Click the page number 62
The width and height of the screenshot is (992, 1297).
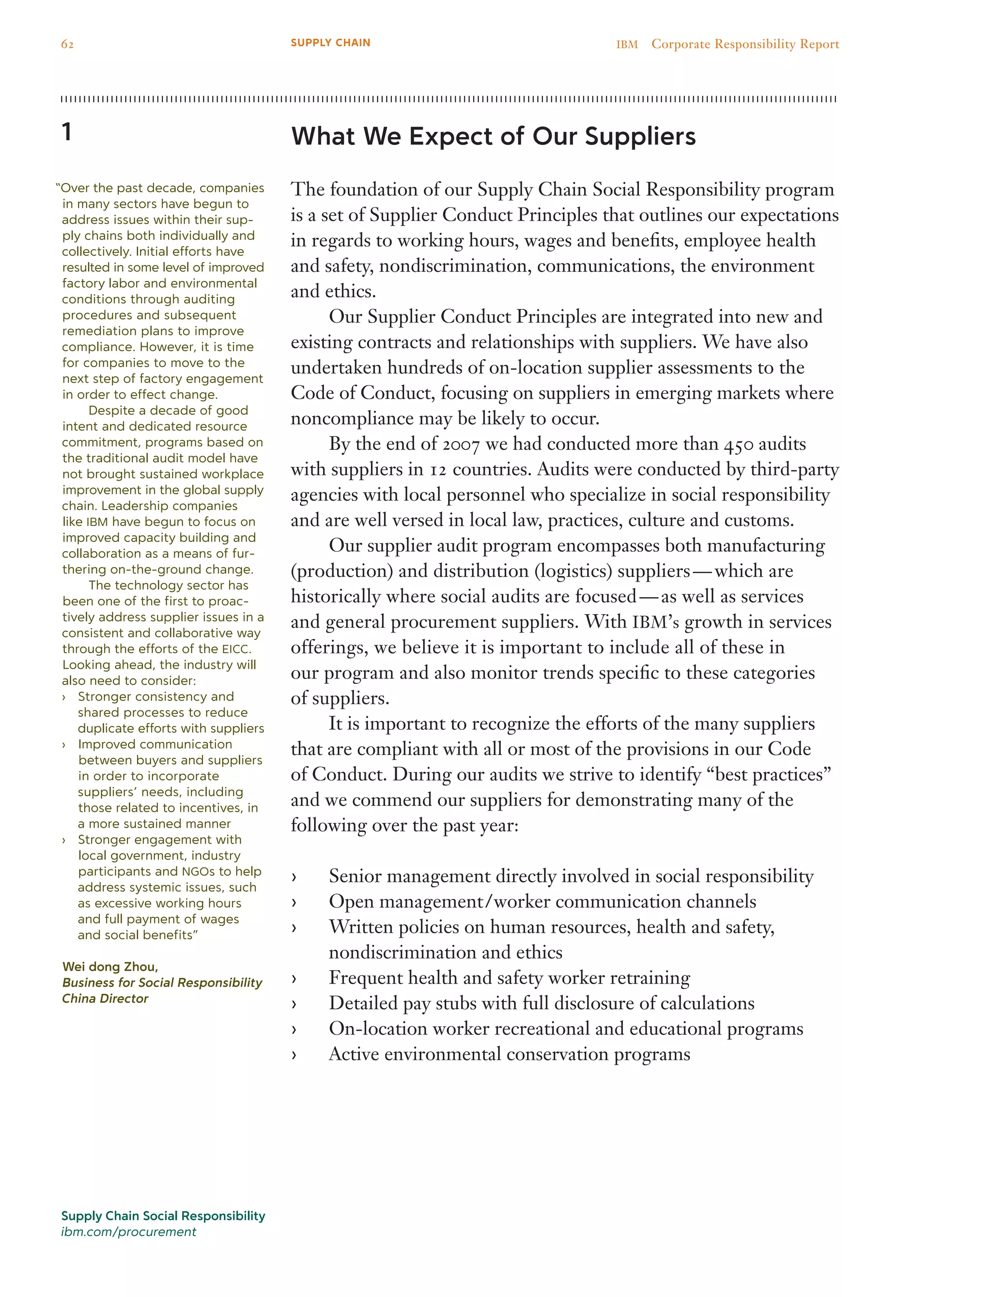[x=67, y=44]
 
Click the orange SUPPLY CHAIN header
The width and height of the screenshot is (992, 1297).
[x=330, y=43]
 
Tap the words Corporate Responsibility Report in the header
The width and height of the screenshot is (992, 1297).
[x=744, y=44]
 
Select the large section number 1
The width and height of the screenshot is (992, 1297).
[x=67, y=132]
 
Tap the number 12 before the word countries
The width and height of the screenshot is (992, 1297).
[x=437, y=469]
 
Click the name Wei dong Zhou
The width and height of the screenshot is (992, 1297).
[x=110, y=966]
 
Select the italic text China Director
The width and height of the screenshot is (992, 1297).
[x=105, y=998]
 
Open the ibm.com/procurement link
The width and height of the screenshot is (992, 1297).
[x=128, y=1232]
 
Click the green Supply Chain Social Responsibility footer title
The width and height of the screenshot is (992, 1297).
[x=163, y=1216]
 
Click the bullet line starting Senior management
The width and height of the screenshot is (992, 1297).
[x=571, y=876]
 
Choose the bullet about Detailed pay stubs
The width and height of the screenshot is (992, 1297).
[x=541, y=1003]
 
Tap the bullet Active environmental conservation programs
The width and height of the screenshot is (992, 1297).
[x=509, y=1054]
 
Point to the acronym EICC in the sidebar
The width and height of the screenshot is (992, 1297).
[x=236, y=649]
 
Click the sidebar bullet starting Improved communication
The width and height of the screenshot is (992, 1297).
[x=155, y=744]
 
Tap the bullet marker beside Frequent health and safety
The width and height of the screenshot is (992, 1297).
[x=294, y=978]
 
